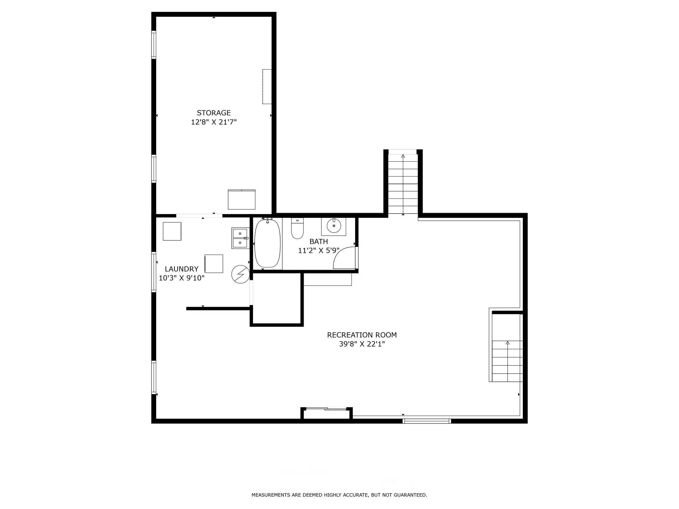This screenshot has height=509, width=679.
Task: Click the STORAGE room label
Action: coord(214,113)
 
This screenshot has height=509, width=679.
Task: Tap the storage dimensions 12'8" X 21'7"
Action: coord(214,122)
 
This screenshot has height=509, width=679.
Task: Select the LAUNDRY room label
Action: coord(182,269)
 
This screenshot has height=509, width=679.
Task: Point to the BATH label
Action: coord(319,241)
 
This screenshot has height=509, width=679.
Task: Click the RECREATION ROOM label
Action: coord(362,335)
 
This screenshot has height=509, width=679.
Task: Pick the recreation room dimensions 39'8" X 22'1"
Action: coord(362,344)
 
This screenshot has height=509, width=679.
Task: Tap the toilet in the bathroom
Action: coord(297,228)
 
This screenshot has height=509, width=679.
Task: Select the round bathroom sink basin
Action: coord(334,226)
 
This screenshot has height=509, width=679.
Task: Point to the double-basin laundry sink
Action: coord(240,238)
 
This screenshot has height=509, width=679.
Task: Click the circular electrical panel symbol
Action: coord(240,274)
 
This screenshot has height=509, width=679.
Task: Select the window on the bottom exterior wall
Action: coord(427,421)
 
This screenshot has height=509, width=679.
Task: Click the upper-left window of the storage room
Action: coord(154,45)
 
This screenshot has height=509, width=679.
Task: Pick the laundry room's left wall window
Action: coord(154,272)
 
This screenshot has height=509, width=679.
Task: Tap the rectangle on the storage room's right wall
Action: coord(267,86)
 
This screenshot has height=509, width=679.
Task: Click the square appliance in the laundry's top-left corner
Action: coord(172,231)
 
